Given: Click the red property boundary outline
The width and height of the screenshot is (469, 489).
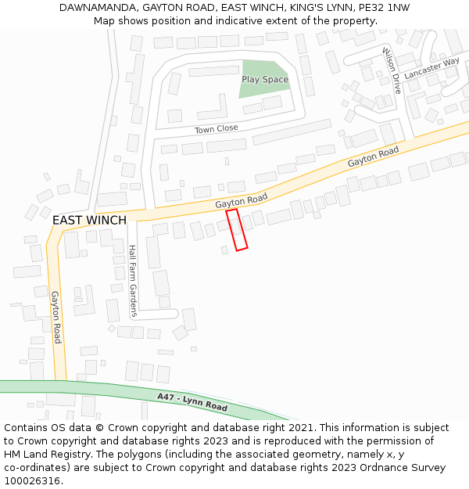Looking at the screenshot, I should pos(237,230).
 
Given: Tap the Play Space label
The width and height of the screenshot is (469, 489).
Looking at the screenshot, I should pos(265,79).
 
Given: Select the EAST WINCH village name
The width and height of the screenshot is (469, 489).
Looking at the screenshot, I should pos(89,221).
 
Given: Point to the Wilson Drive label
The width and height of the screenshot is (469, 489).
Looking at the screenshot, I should pos(391,70).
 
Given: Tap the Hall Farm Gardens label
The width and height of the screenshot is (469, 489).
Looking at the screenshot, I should pos(133,281).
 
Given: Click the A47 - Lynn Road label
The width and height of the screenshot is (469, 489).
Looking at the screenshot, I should pos(192,402).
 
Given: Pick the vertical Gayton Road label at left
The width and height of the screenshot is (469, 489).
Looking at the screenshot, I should pos(56,317).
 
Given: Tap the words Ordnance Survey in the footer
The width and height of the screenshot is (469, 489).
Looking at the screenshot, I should pos(403,468).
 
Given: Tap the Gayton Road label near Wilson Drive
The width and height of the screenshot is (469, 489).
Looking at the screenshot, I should pos(374,156).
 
